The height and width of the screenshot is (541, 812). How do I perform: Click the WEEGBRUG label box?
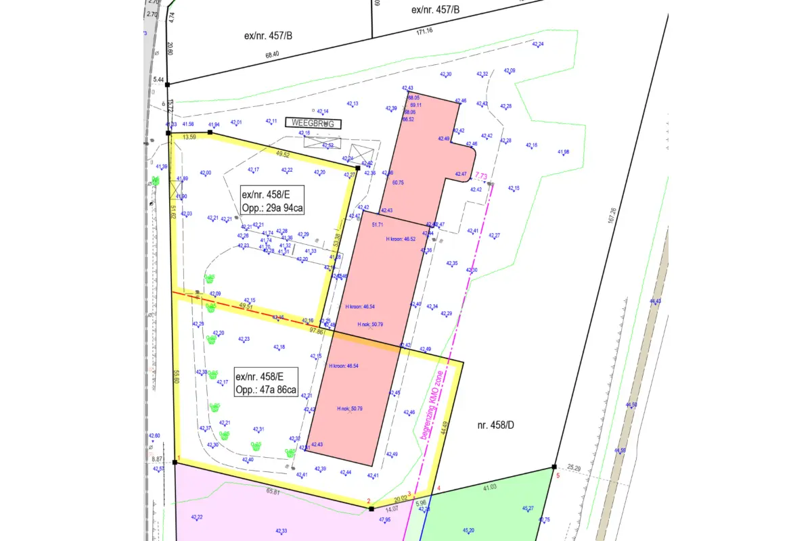tap(314, 123)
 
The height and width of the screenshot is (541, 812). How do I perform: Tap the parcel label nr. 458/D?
tap(491, 424)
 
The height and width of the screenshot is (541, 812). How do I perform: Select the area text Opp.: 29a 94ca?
tap(271, 208)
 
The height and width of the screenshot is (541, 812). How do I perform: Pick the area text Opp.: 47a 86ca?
tap(266, 390)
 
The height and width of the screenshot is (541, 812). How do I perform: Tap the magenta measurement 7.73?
tap(481, 176)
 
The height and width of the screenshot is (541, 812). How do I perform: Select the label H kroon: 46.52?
tap(401, 239)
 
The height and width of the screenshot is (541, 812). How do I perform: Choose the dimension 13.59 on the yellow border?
tap(189, 137)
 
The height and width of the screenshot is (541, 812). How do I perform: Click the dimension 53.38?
tap(337, 240)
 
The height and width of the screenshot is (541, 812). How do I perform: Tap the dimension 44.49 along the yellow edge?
tap(445, 427)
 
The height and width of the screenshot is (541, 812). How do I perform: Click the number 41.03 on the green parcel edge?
tap(489, 487)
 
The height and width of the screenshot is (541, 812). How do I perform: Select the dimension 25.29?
tap(574, 467)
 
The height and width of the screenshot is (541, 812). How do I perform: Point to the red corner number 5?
tap(558, 476)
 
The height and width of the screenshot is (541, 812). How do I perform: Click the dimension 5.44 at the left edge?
tap(159, 80)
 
